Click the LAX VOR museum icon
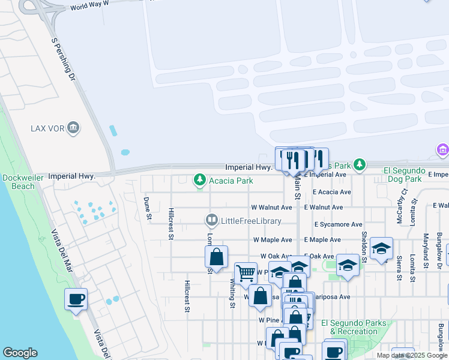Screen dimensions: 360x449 [x=73, y=127]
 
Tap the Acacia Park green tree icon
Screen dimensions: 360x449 [x=199, y=180]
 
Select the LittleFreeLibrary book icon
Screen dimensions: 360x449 [x=211, y=221]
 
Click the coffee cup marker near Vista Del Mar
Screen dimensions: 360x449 [x=76, y=299]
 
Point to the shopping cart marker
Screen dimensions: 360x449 [x=246, y=274]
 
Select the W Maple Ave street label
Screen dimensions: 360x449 [x=273, y=240]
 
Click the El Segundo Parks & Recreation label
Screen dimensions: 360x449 [x=354, y=327]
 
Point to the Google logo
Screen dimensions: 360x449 [x=20, y=353]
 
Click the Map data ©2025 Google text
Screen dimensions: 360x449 [x=411, y=355]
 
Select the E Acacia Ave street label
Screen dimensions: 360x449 [x=332, y=192]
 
